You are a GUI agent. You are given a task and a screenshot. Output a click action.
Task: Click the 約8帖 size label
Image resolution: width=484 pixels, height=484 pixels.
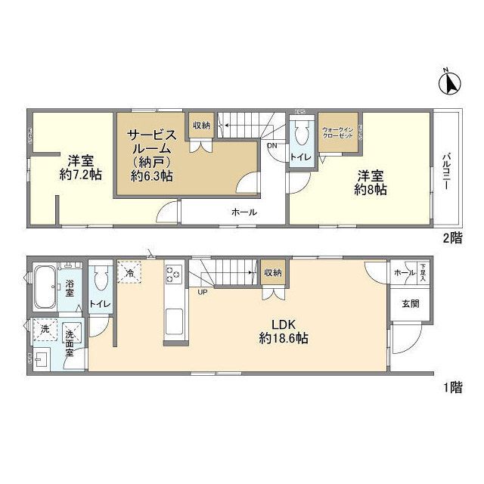(371, 190)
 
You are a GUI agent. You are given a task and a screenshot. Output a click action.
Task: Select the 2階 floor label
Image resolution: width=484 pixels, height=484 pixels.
(452, 237)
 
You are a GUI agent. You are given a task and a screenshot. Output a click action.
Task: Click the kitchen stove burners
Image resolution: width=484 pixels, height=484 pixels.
(172, 271)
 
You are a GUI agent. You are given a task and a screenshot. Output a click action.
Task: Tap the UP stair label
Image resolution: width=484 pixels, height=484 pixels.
(203, 292)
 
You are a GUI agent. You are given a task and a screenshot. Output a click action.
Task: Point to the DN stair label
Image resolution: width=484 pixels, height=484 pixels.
(271, 146)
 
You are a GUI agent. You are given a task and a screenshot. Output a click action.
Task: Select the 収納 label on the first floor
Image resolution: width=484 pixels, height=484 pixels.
(273, 272)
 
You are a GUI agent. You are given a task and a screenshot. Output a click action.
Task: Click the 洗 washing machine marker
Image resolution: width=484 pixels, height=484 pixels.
(44, 330)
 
